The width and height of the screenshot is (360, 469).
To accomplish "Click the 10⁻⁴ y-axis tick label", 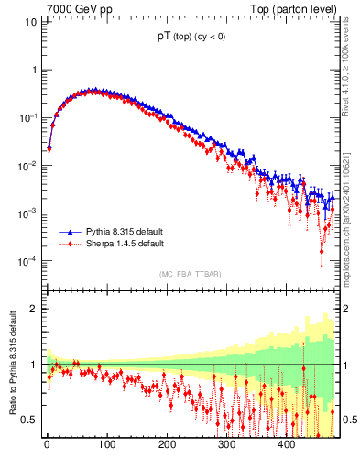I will point(27,261).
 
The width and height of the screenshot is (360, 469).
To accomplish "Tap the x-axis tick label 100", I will point(106,445).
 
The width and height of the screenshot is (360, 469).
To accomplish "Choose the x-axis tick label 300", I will point(226,445).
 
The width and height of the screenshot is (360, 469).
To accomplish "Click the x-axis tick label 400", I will point(286,445).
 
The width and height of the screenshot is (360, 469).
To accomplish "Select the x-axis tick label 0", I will point(47,445).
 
